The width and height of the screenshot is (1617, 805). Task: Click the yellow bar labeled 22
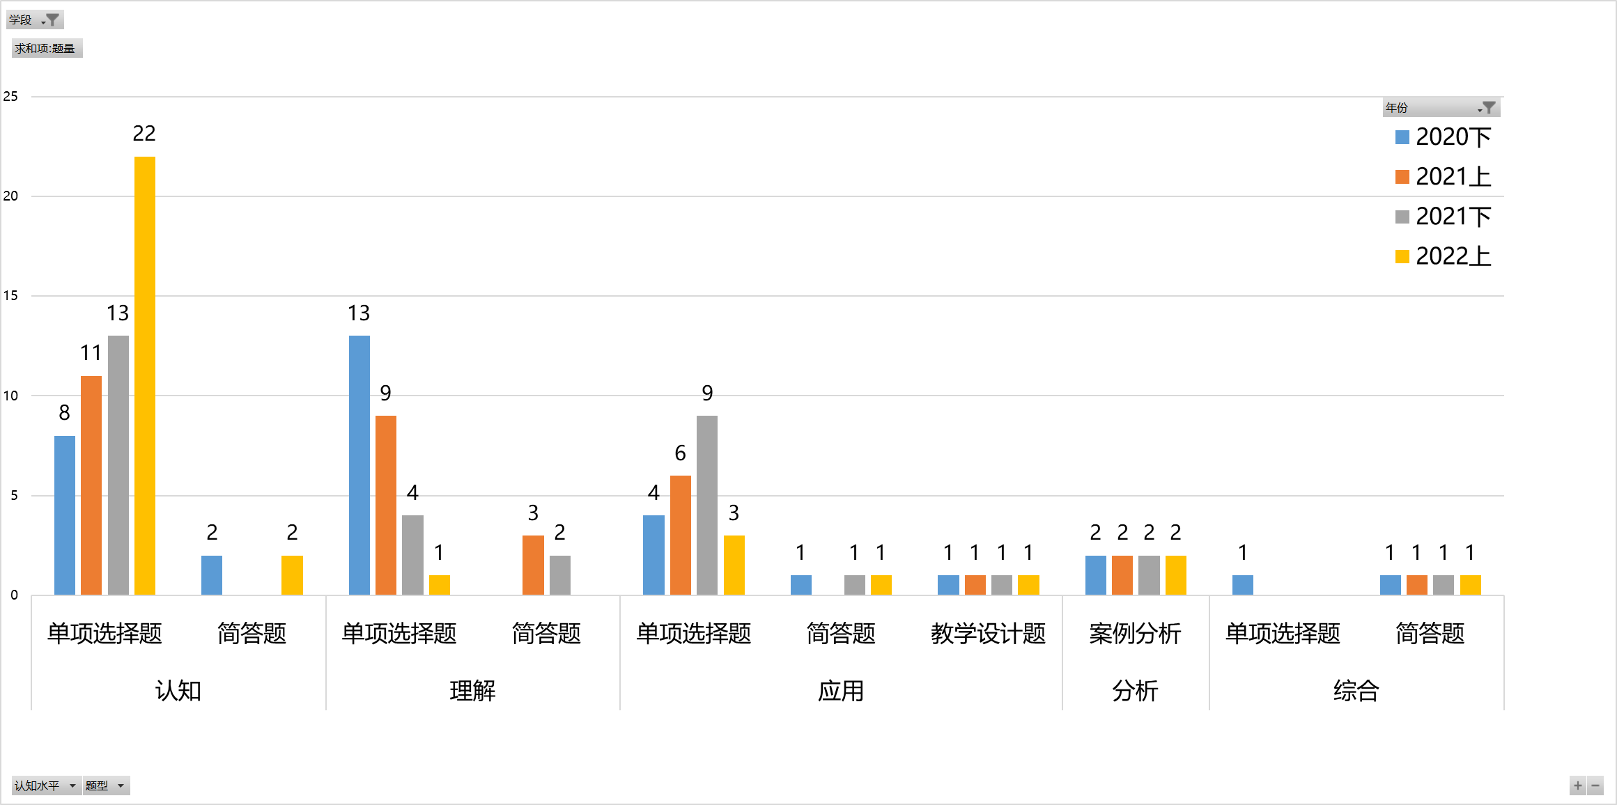pos(145,375)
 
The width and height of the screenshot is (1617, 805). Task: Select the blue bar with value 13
pos(359,464)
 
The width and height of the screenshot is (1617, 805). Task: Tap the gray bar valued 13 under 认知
pos(118,464)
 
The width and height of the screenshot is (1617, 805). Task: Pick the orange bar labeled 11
pos(91,485)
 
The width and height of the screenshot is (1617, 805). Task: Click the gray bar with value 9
pos(707,505)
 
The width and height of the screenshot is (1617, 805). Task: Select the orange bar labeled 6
pos(681,535)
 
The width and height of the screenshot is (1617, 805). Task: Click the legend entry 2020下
pos(1443,137)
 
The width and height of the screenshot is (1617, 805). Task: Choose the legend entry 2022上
pos(1443,256)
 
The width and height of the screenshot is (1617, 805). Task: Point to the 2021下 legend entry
pos(1443,217)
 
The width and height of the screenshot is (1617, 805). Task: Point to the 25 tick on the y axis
pos(10,96)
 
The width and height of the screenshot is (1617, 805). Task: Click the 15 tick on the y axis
pos(10,295)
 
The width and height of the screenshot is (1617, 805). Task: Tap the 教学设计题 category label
pos(988,633)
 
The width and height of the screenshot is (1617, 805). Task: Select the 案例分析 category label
pos(1135,633)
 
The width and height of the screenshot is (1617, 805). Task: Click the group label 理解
pos(472,691)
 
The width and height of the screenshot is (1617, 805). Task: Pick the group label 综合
pos(1356,691)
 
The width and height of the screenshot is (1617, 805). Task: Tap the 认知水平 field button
pos(46,786)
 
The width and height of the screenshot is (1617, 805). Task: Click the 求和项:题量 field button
pos(46,48)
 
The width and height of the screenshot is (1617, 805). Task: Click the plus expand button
pos(1578,786)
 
